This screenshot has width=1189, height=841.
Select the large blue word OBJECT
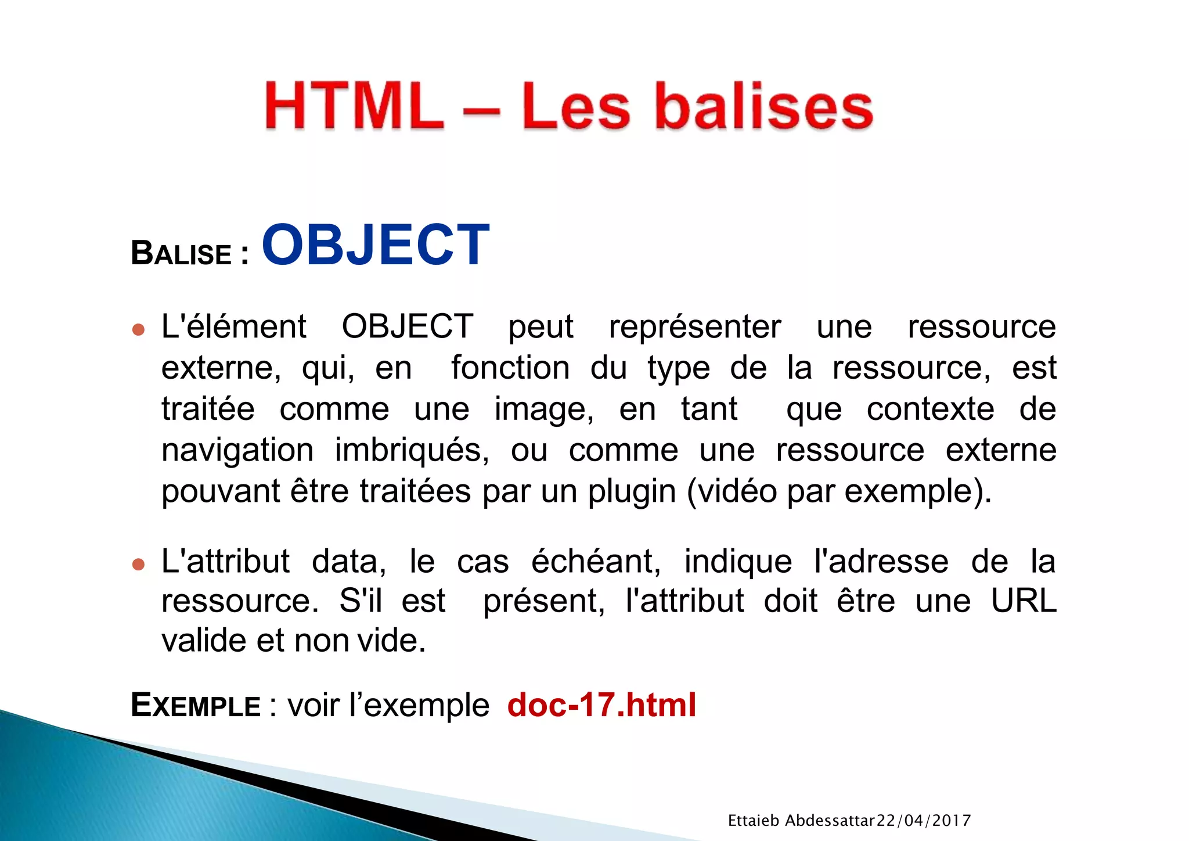click(376, 245)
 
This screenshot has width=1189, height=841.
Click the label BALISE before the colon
click(181, 254)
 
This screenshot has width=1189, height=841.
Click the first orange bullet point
click(138, 330)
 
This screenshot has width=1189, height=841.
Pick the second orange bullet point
click(138, 564)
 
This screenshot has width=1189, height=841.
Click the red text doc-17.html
click(601, 705)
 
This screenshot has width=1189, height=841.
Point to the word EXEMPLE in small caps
click(196, 705)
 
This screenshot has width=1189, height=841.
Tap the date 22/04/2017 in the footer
click(923, 820)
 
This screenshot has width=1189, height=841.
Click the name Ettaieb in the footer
click(753, 820)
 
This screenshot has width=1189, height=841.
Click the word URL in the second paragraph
click(1024, 601)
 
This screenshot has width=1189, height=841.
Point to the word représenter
click(694, 326)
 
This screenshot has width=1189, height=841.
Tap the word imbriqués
click(412, 451)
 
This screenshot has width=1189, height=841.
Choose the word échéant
click(596, 562)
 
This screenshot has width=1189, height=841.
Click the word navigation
click(237, 450)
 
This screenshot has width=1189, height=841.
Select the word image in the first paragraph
click(543, 409)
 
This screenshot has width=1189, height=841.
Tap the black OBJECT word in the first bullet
click(407, 326)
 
